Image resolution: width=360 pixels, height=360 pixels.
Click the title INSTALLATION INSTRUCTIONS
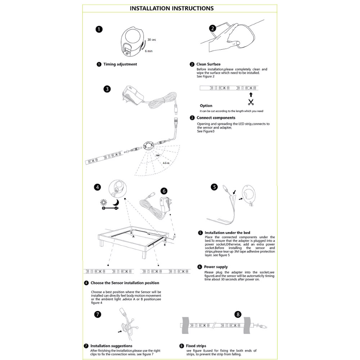pos(171,8)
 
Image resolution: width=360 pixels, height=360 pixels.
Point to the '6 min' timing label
pos(149,51)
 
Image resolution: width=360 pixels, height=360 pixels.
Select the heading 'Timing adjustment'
pos(120,64)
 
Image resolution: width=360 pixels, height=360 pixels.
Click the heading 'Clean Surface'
pos(208,64)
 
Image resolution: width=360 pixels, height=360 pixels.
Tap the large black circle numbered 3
pos(107,89)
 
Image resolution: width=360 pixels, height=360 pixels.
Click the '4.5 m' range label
pos(166,163)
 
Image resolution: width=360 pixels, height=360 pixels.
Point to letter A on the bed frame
pos(133,237)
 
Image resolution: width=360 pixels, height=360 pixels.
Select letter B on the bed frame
pos(165,245)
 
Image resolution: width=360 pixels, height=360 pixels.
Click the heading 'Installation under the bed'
pos(227,233)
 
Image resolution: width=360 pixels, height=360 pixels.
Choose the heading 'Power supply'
pos(216,267)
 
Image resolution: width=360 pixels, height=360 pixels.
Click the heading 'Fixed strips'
pos(196,346)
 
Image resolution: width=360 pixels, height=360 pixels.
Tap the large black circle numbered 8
pos(238,314)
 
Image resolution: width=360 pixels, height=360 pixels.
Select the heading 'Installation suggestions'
pos(111,346)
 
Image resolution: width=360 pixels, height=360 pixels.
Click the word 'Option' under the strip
pos(206,106)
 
